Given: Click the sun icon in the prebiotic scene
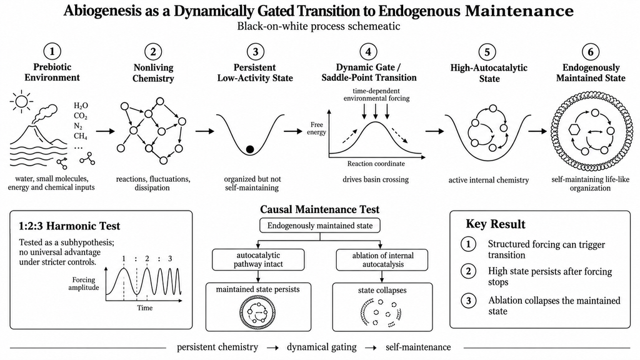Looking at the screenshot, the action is tap(21, 101).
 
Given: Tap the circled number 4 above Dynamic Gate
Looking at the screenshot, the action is tap(368, 52).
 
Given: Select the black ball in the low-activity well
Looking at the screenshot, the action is tap(250, 149).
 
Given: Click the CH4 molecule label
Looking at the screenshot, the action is tap(81, 136).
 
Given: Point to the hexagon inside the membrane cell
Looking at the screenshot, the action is tap(574, 129).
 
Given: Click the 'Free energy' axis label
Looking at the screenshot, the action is tap(317, 128).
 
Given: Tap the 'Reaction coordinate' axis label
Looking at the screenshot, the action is tap(376, 164).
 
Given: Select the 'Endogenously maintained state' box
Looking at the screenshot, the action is tap(320, 225).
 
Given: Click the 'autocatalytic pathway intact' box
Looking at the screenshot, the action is tap(258, 259).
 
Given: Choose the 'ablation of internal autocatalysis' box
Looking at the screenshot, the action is tap(382, 259).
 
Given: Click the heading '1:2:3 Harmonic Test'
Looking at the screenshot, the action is tap(70, 226).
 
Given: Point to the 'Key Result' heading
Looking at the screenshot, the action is tap(496, 224).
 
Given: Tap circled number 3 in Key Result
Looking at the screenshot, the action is tap(469, 301).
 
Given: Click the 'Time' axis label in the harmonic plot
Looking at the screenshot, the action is tap(144, 307).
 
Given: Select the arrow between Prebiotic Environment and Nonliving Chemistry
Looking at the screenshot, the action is tap(106, 131).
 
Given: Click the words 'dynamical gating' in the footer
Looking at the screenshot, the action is tap(322, 347).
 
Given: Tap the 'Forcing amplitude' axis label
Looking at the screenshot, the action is tap(84, 284).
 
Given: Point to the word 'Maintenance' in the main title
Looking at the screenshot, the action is tap(519, 11).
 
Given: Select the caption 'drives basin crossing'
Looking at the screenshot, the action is tap(376, 179).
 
